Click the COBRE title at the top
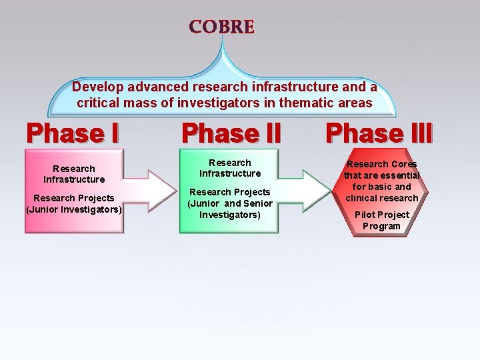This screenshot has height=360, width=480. coord(221,27)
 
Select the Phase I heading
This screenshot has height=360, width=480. coord(73,133)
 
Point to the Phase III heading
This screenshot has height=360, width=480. coord(379,133)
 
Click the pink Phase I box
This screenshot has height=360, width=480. coord(74,191)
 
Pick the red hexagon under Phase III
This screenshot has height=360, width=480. coord(381,195)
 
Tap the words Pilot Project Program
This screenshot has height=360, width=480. coord(382,221)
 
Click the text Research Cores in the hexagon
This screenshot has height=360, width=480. coord(382,164)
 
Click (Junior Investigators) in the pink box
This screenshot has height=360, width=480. coord(74,209)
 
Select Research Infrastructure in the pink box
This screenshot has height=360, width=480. coord(74,174)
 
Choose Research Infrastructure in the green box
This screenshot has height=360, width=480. coord(230,168)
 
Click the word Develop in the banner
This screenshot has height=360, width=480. coord(96,87)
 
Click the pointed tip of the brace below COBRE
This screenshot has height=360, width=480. coord(222,39)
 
